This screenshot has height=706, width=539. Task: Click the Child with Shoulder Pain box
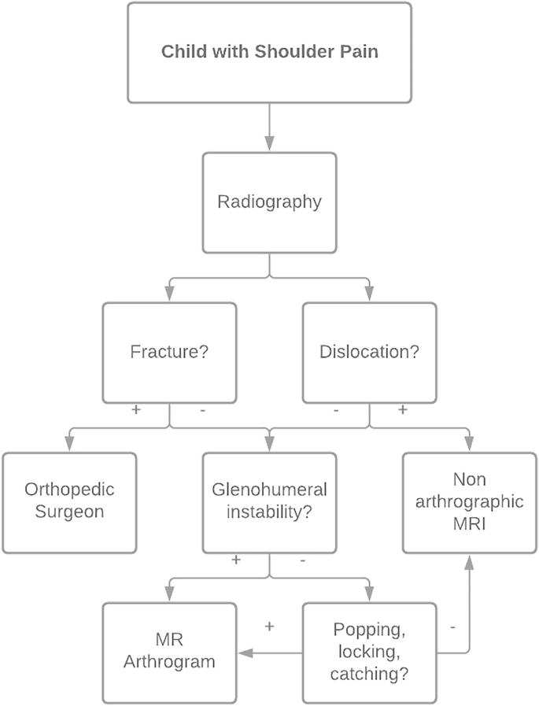(x=269, y=53)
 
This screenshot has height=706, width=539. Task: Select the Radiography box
(x=269, y=202)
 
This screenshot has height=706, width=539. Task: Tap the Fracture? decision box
(x=169, y=352)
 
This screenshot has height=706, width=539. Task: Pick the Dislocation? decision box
(x=369, y=352)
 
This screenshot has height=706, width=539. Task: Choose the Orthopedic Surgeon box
(x=68, y=501)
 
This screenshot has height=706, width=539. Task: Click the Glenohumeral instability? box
(x=269, y=501)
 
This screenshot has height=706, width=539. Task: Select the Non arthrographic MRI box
(x=470, y=501)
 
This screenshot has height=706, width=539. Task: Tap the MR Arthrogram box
(x=169, y=651)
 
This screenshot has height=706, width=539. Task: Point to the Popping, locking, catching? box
(x=369, y=651)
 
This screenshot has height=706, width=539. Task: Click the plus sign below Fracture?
(x=136, y=411)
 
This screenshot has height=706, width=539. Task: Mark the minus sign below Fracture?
(x=203, y=411)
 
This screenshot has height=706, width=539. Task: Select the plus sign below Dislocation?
(x=403, y=411)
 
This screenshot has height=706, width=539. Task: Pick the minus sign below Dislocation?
(x=336, y=411)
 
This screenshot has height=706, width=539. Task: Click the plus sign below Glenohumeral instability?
(x=236, y=560)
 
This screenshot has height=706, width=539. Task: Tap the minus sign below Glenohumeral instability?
(x=303, y=560)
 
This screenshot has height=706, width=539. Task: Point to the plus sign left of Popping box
(x=269, y=627)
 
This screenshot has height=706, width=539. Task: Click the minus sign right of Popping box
(x=453, y=627)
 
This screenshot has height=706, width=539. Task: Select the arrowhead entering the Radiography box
(x=269, y=145)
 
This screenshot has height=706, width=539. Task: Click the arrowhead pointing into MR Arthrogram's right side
(x=242, y=652)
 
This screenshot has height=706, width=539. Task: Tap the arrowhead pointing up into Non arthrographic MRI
(x=470, y=562)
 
